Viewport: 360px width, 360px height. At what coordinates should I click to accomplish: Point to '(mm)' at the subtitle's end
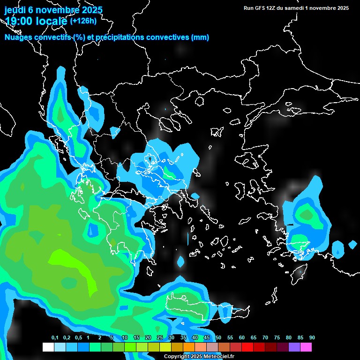pos(200,37)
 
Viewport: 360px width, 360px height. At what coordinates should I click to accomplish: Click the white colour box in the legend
pos(48,347)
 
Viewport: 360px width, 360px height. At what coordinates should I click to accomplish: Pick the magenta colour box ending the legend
pos(306,347)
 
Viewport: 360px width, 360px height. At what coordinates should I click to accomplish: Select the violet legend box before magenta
pos(294,347)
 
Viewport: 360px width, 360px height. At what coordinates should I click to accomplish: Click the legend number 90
pos(312,338)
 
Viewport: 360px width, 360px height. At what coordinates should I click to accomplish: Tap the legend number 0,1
pos(54,338)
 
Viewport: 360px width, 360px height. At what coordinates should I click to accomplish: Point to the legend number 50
pos(218,338)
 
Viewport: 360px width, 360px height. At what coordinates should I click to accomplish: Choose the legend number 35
pos(183,338)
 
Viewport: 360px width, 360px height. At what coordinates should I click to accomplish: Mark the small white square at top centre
pos(165,60)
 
